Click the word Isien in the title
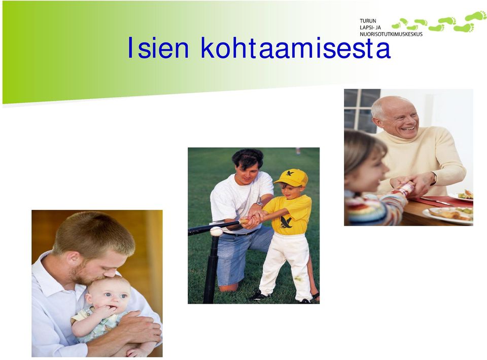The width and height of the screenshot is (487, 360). point(158,48)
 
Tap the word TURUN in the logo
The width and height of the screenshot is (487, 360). point(368,21)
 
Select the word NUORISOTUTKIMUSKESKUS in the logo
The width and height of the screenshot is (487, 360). point(391,34)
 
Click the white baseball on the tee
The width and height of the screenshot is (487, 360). point(216,231)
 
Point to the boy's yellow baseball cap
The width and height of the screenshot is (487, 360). point(291,177)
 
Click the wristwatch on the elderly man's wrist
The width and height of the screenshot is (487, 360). point(434,179)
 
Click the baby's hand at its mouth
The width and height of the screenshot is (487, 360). point(107,311)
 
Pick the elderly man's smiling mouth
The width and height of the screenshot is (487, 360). point(407,128)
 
